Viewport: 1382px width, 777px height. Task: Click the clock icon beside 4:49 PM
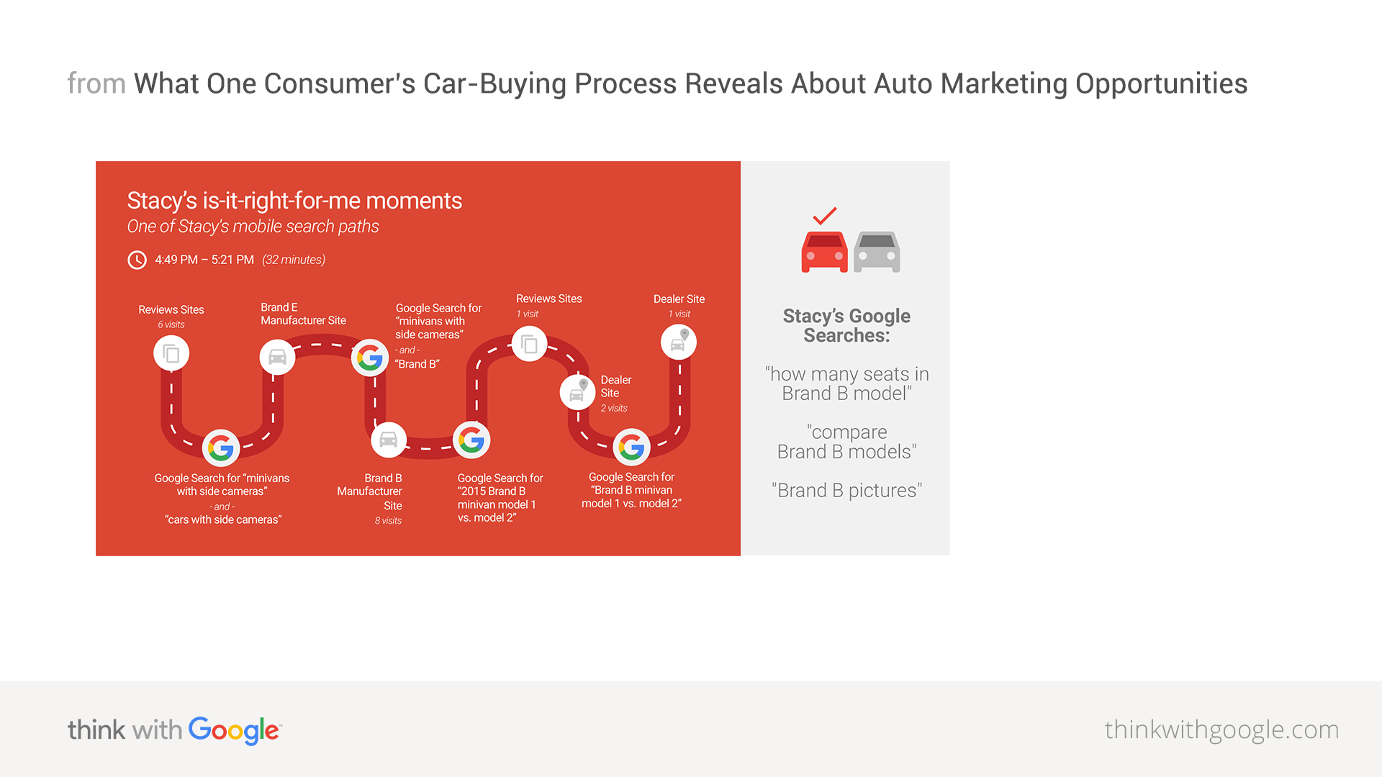[137, 260]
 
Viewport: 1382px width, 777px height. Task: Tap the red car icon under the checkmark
[825, 252]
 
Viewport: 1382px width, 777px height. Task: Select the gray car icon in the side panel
[877, 252]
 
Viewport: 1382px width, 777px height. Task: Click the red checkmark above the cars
[825, 215]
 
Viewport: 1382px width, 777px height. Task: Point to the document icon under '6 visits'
[171, 353]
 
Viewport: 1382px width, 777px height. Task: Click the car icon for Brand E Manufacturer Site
[277, 356]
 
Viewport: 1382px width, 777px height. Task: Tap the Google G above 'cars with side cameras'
[221, 448]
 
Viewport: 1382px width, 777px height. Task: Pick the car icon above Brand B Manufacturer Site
[389, 440]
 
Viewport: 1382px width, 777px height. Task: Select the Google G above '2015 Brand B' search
[471, 440]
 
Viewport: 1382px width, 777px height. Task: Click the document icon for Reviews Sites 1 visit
[530, 344]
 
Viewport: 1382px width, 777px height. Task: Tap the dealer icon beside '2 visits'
[578, 392]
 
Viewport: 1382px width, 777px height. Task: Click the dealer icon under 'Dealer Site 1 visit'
[679, 342]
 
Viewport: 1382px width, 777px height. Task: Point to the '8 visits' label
[388, 521]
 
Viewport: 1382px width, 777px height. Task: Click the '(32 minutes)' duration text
[294, 260]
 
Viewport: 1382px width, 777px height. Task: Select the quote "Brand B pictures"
[846, 491]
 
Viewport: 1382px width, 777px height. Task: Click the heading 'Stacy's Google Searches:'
[846, 326]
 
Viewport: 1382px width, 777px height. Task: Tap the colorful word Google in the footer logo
[235, 730]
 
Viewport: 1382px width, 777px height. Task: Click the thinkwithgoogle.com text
[1221, 730]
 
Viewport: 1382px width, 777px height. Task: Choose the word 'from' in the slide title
[96, 83]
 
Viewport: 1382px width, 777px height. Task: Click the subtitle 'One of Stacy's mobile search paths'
[253, 227]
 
